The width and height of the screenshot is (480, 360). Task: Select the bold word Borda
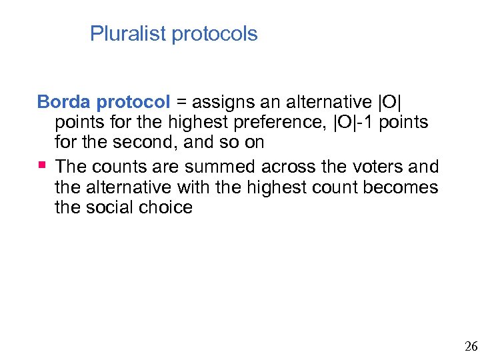point(65,102)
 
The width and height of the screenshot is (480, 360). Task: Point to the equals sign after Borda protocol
point(182,103)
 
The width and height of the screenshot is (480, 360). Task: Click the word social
point(111,207)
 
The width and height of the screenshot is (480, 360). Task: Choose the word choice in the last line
point(166,207)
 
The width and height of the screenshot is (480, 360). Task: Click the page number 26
point(471,346)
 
